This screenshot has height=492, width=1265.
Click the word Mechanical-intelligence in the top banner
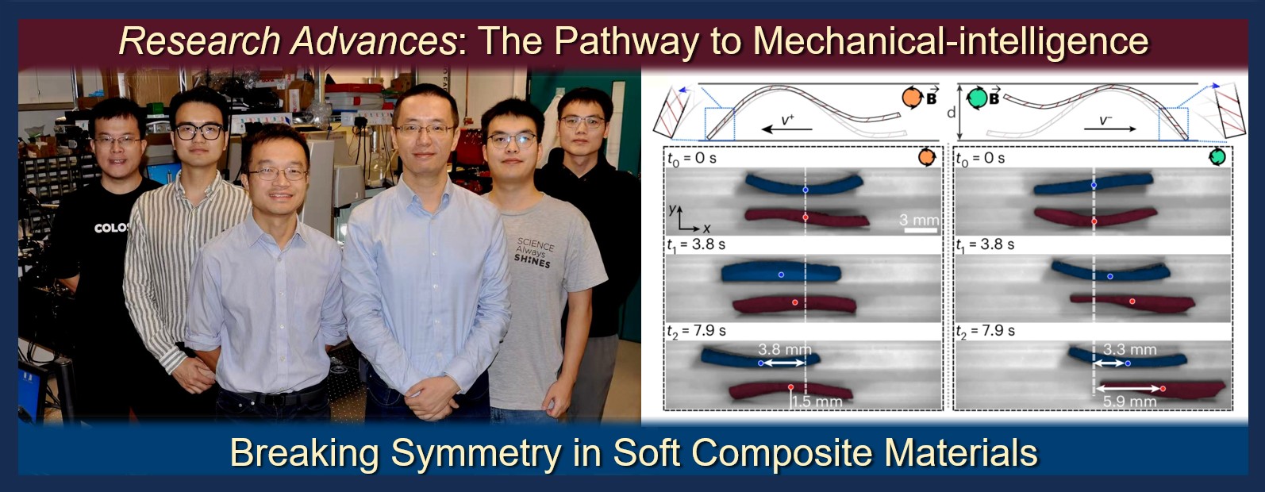coord(951,41)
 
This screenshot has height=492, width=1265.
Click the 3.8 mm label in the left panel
coord(784,350)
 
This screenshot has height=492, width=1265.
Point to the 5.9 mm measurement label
coord(1129,402)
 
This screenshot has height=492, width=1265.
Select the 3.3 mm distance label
coord(1129,350)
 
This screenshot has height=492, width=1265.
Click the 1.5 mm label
coord(817,402)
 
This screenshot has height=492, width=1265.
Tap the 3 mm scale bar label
coord(919,220)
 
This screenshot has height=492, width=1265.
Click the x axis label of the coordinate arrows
coord(706,229)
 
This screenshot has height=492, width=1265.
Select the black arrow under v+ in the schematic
coord(786,129)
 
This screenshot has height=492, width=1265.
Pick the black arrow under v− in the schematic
coord(1109,129)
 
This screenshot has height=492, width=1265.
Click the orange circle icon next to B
coord(912,98)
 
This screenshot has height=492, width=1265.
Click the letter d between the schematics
coord(952,113)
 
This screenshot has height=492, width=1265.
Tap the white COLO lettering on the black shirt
coord(111,228)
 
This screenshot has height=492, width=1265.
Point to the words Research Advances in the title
coord(287,41)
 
